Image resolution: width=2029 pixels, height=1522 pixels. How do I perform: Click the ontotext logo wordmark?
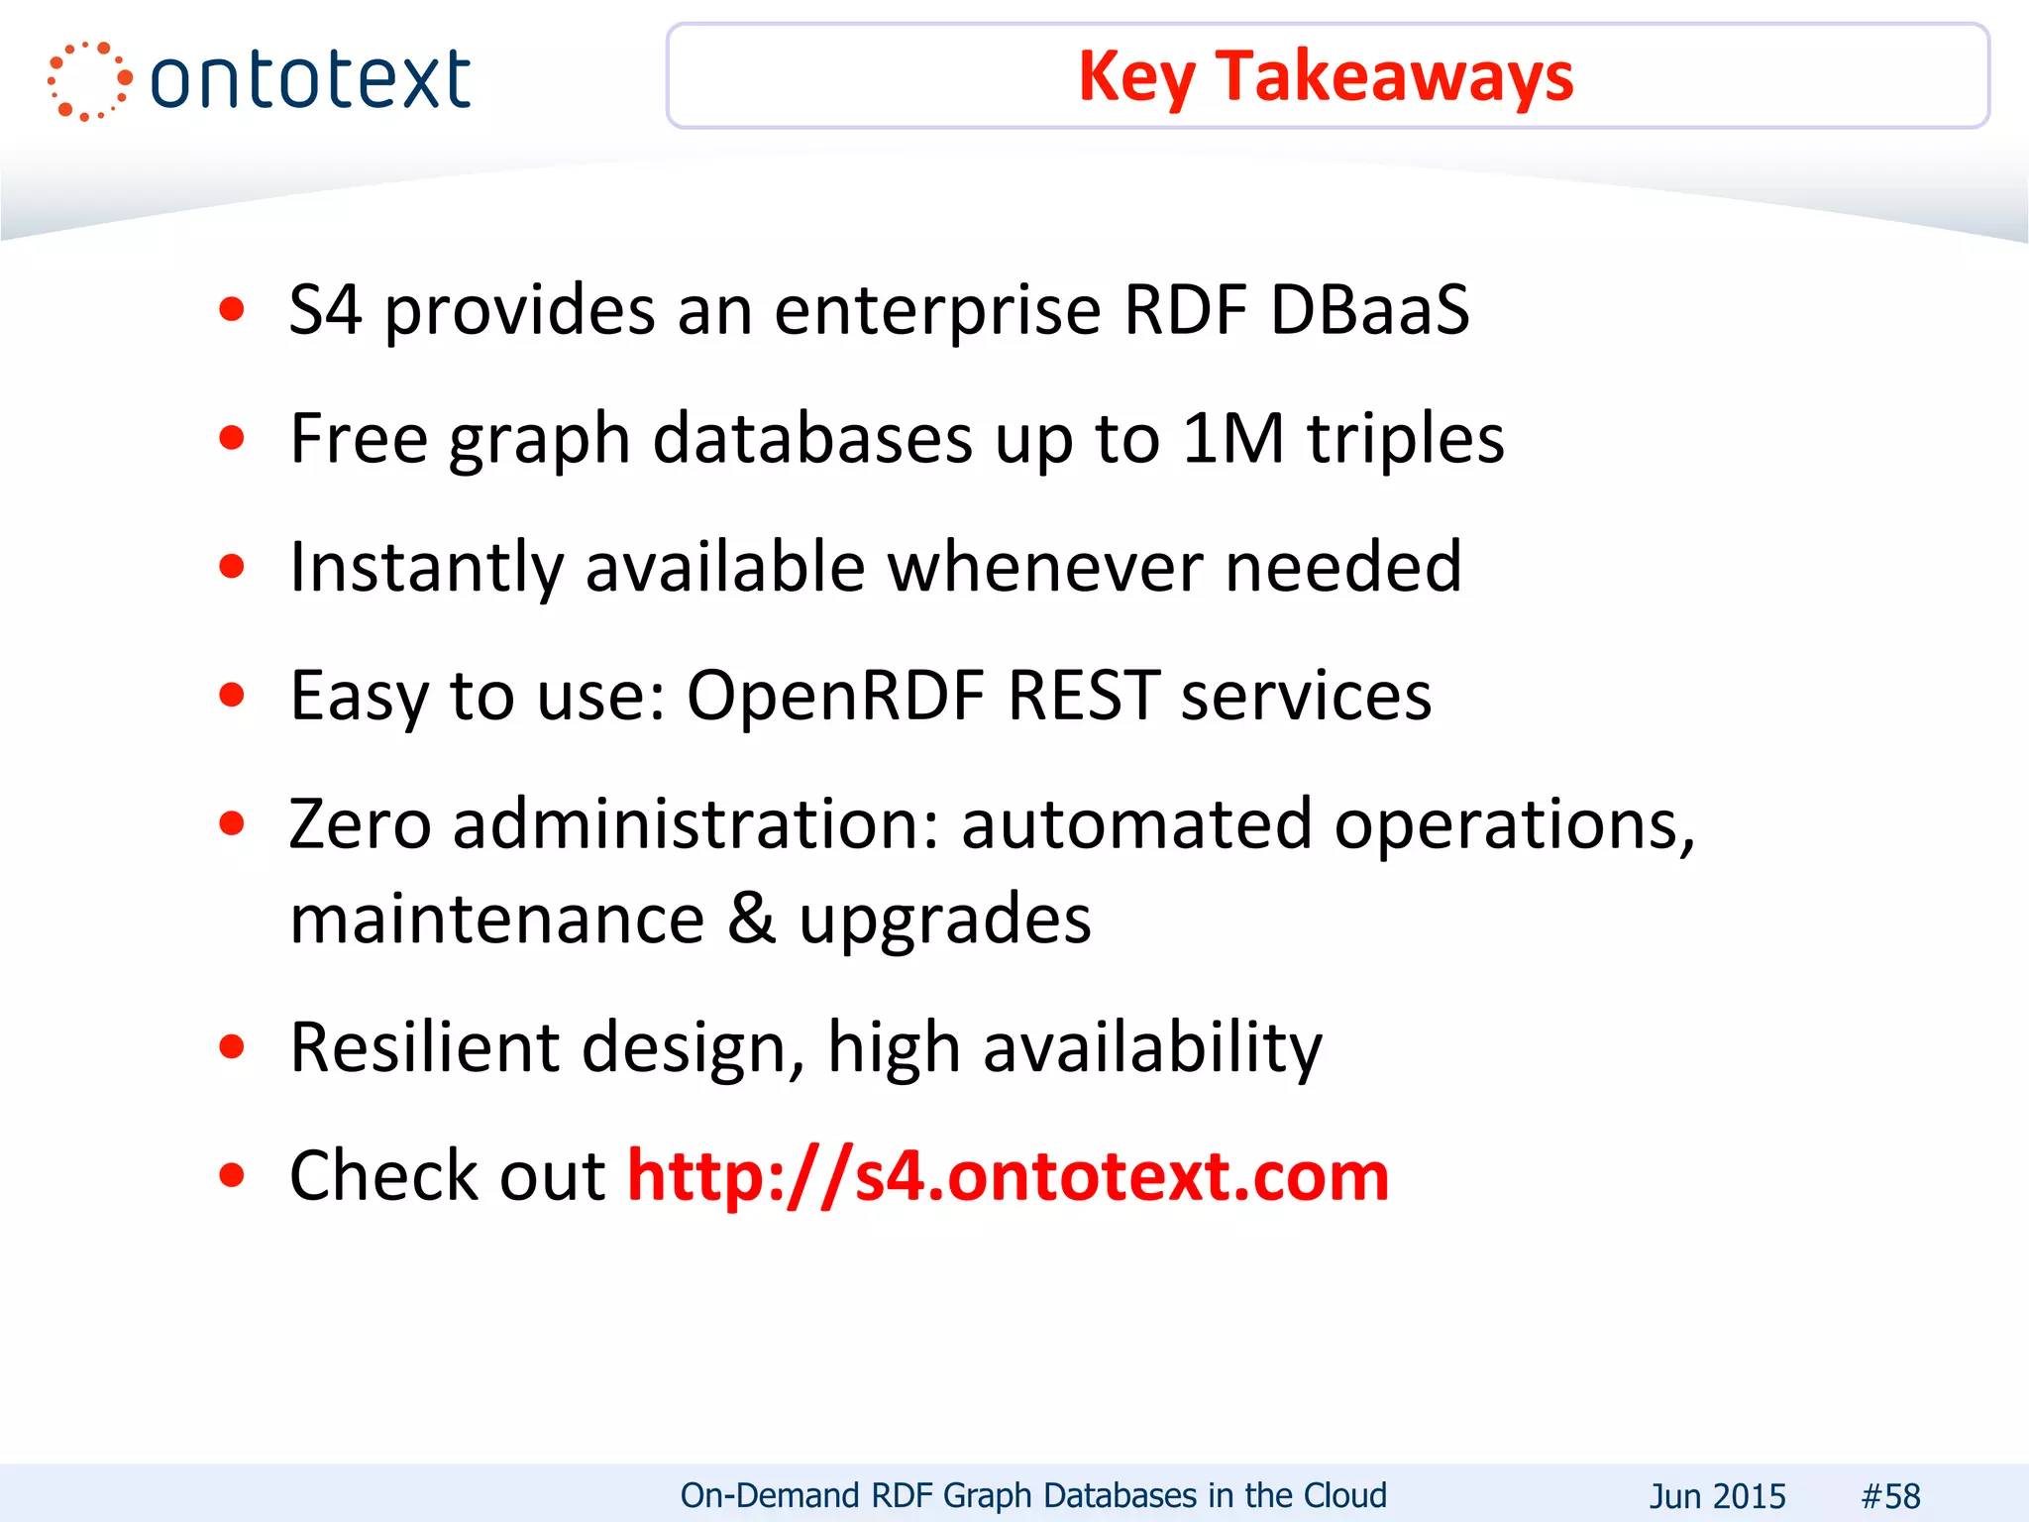point(310,79)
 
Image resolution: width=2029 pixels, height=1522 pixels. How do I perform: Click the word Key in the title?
point(1135,77)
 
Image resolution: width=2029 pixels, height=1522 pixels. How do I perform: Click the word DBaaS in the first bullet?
point(1370,310)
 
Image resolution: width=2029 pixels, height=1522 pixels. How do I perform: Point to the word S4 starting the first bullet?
point(325,310)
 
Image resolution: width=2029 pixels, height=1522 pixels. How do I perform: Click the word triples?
point(1406,438)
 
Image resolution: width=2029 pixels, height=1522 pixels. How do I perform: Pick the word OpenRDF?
point(835,695)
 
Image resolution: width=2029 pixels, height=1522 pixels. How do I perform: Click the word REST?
point(1084,695)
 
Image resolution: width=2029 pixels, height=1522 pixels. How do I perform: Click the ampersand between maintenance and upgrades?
point(752,919)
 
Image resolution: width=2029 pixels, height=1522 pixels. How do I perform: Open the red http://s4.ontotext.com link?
point(1009,1176)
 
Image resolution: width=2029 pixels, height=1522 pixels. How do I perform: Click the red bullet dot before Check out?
point(232,1176)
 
